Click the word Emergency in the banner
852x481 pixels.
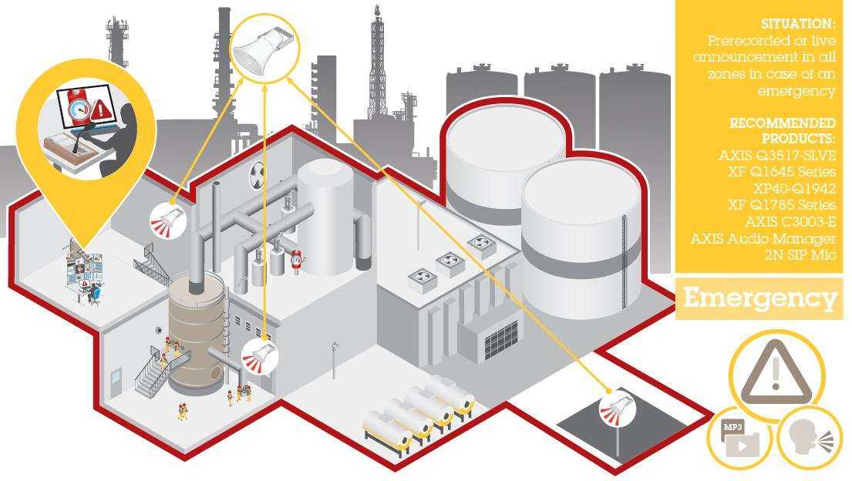pyautogui.click(x=759, y=298)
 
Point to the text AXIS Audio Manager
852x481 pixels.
pyautogui.click(x=763, y=238)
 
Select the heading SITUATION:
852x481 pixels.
pyautogui.click(x=797, y=24)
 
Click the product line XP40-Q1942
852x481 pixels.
pyautogui.click(x=794, y=188)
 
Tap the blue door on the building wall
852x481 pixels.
pyautogui.click(x=116, y=380)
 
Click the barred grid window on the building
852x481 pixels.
pyautogui.click(x=501, y=339)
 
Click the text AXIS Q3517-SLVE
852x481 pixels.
pyautogui.click(x=776, y=156)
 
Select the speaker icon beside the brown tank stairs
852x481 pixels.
pyautogui.click(x=259, y=356)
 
